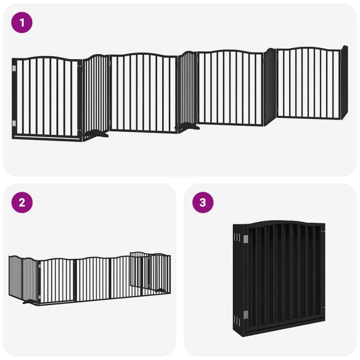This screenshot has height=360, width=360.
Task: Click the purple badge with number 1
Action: coord(22,22)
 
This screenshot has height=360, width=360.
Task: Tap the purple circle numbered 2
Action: coord(22,202)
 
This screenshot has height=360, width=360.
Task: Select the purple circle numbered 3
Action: coord(203,202)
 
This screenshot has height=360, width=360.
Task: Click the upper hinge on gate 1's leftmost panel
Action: coord(14,68)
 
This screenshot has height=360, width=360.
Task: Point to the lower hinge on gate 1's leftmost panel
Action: coord(14,123)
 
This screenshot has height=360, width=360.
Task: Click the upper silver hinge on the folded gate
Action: coord(246,239)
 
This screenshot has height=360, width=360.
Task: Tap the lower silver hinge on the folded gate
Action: coord(246,315)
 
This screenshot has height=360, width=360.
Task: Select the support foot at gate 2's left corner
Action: coord(28,301)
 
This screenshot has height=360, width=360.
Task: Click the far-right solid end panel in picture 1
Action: coord(344,82)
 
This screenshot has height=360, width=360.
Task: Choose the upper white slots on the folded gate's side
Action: coord(237,238)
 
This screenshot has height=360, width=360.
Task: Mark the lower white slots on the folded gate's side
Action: coord(237,320)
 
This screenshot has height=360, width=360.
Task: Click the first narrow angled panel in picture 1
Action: coord(96,96)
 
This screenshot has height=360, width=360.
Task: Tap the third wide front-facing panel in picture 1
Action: coord(230,88)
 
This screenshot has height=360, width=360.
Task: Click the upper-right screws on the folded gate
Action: coord(323,231)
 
